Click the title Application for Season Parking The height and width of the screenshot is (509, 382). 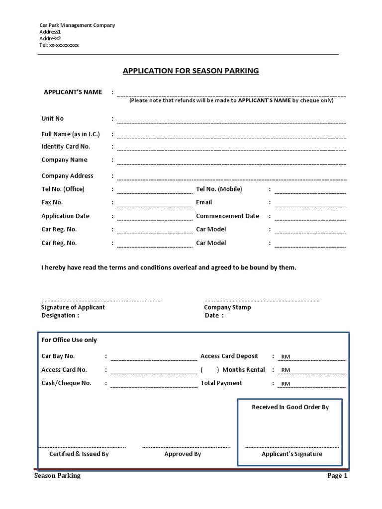(191, 71)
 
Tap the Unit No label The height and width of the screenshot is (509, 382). (52, 119)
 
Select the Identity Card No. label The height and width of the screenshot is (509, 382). (66, 147)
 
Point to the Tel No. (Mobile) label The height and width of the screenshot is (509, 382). (219, 189)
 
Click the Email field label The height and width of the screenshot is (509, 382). (204, 202)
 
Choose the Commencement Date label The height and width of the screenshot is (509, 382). (227, 216)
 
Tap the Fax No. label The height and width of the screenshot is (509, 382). (52, 202)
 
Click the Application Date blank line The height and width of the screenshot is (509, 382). (154, 219)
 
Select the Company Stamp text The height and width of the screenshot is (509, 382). (227, 307)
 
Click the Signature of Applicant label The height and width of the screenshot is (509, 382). (73, 307)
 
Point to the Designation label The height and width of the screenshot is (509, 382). (60, 316)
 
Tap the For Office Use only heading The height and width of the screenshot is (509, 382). (69, 340)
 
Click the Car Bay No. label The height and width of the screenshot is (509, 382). (58, 356)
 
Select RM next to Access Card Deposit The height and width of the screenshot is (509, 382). (286, 357)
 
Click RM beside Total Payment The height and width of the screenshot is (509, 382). (286, 384)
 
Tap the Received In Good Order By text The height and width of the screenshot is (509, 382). (290, 407)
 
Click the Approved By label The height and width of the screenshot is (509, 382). (183, 454)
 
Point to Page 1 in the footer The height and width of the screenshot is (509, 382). (337, 476)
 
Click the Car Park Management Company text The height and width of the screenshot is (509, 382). (77, 25)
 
